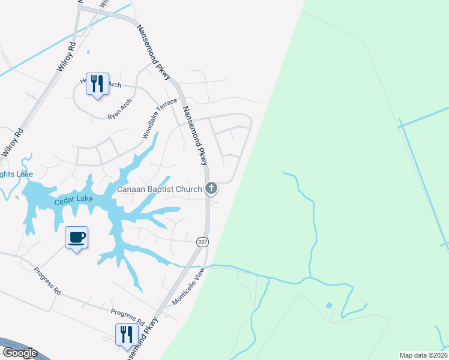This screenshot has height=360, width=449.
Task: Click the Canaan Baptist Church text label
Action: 159,190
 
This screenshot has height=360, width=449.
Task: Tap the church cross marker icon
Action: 211,189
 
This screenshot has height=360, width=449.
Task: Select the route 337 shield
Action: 202,241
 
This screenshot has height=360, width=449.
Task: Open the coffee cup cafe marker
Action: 76,238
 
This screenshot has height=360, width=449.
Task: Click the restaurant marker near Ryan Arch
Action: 97,83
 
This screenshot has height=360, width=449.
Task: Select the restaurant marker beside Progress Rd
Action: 126,334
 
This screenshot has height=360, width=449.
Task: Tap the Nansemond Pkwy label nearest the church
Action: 196,136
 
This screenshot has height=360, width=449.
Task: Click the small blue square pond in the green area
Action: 328,305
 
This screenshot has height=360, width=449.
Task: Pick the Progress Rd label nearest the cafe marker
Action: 47,282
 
